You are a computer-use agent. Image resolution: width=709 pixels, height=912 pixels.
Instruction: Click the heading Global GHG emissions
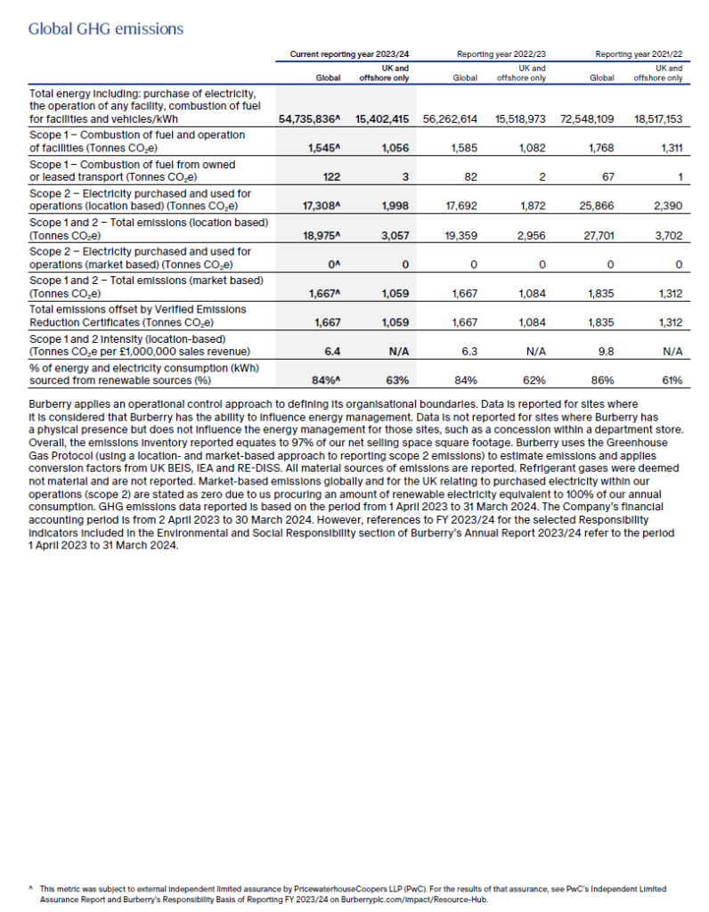pyautogui.click(x=106, y=28)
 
